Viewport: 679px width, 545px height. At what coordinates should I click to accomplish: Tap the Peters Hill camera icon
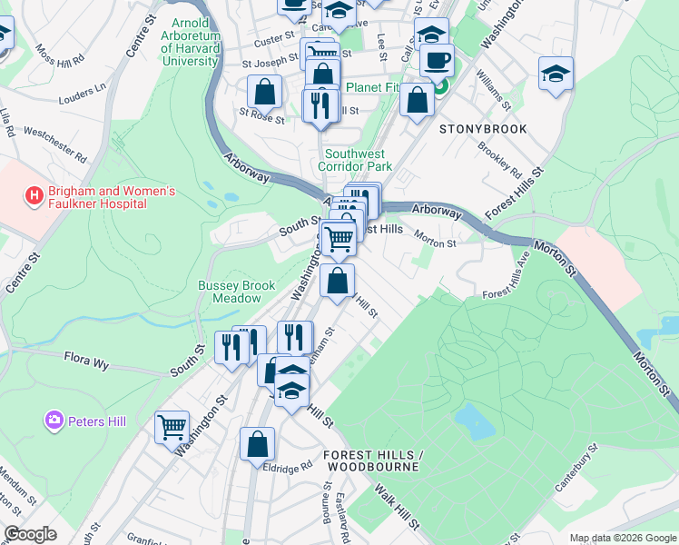[54, 421]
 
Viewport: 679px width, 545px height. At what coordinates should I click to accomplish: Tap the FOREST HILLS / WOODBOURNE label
[373, 461]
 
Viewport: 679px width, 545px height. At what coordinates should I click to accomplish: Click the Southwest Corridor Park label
[355, 161]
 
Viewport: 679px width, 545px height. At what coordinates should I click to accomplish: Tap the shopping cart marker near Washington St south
[172, 426]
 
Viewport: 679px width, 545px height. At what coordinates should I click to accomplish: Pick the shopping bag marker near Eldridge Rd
[257, 444]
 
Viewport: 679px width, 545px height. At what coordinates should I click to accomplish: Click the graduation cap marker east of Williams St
[556, 74]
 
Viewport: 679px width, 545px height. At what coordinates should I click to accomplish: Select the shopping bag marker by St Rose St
[264, 91]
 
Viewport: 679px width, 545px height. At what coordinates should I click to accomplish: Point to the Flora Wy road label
[86, 363]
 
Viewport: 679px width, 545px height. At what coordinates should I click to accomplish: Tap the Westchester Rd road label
[55, 144]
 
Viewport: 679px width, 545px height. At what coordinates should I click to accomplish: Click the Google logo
[30, 534]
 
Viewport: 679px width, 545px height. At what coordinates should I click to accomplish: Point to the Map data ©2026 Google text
[622, 538]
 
